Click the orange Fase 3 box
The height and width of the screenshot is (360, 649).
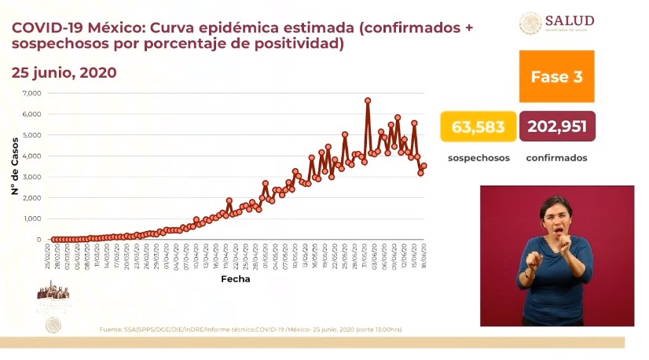click(x=556, y=77)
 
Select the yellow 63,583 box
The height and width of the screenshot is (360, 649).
click(x=478, y=127)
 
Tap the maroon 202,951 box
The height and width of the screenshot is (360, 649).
click(x=557, y=127)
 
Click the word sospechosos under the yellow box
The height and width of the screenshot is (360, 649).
click(x=478, y=158)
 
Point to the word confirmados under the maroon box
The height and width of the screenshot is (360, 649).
click(x=556, y=158)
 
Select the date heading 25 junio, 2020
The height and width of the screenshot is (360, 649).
click(x=64, y=72)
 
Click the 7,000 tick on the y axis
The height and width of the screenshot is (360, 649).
click(x=31, y=94)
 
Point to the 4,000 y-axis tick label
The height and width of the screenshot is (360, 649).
click(x=31, y=156)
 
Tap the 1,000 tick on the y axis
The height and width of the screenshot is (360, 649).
click(x=31, y=219)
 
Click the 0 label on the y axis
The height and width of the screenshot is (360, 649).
click(x=38, y=239)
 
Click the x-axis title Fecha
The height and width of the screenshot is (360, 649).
click(x=236, y=278)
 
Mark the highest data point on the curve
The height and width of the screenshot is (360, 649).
click(x=368, y=101)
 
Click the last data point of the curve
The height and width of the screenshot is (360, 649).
click(x=423, y=166)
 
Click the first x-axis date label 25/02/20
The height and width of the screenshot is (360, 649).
click(x=47, y=256)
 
